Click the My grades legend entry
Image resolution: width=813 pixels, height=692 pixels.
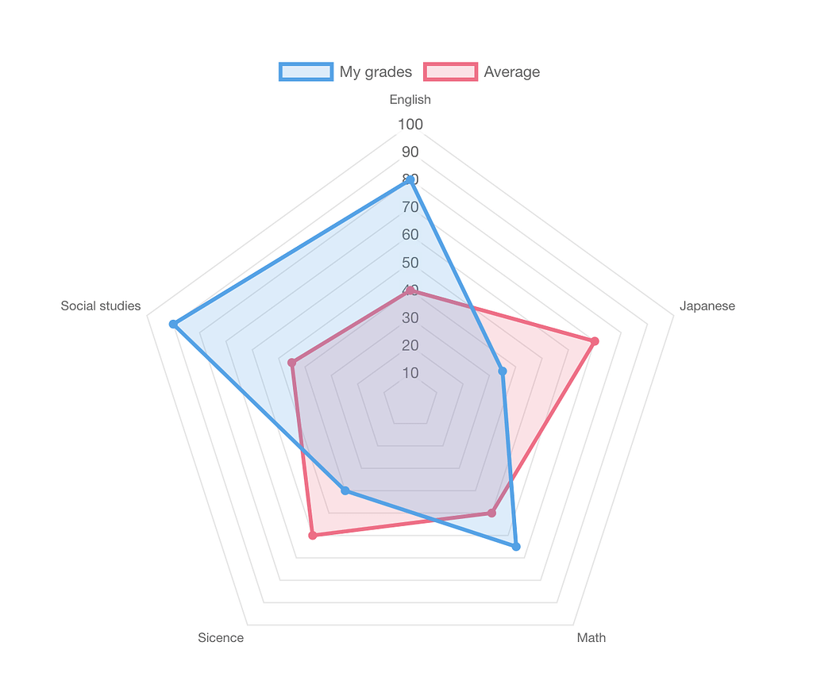(x=346, y=71)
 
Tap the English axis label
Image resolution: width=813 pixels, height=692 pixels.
(x=410, y=99)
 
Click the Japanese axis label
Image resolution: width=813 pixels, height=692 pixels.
(x=707, y=306)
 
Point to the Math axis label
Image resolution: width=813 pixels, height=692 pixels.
(x=591, y=637)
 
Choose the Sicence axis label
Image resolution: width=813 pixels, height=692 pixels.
(x=221, y=637)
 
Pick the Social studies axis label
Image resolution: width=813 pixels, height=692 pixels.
(x=101, y=306)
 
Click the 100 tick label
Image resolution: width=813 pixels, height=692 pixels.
(x=410, y=124)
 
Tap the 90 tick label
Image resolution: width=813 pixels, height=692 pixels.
(x=410, y=152)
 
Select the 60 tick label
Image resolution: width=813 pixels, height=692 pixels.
(x=410, y=234)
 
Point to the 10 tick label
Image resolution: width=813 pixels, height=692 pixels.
(x=410, y=372)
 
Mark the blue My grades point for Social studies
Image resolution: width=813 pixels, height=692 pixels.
(x=173, y=324)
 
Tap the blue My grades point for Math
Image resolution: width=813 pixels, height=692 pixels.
(x=515, y=546)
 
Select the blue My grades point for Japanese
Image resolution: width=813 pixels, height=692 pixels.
(x=502, y=371)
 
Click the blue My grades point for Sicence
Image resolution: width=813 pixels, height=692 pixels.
(x=345, y=490)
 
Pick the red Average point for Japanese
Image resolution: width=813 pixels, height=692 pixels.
(x=594, y=341)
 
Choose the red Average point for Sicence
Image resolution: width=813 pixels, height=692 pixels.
(x=313, y=536)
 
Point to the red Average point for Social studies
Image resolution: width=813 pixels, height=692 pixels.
(x=292, y=363)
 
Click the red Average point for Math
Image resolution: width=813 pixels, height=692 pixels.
(x=491, y=513)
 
